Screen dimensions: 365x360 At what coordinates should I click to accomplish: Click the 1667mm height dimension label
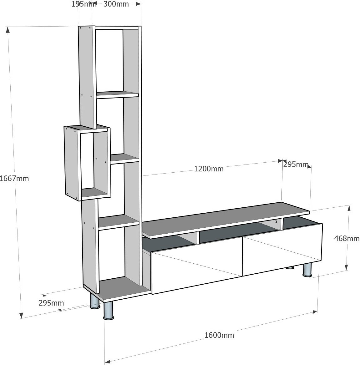[15, 179]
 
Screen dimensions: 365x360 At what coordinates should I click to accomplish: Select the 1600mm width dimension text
[219, 335]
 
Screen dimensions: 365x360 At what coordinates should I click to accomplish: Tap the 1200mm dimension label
[209, 169]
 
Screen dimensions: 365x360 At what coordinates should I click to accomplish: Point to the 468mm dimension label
[347, 238]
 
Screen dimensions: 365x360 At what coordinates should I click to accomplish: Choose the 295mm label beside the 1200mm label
[296, 165]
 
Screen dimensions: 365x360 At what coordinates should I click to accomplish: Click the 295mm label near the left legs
[51, 303]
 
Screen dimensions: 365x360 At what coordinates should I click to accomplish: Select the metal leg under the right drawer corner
[307, 270]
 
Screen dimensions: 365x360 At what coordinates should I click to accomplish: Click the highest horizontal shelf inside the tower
[117, 94]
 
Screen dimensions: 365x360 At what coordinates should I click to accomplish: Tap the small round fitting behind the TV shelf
[276, 222]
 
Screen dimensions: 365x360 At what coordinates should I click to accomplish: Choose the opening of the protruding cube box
[87, 161]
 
